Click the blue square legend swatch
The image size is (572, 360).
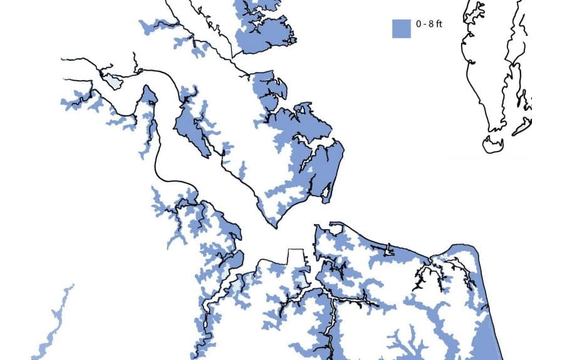(401, 28)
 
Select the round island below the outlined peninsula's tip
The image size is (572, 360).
(493, 145)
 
